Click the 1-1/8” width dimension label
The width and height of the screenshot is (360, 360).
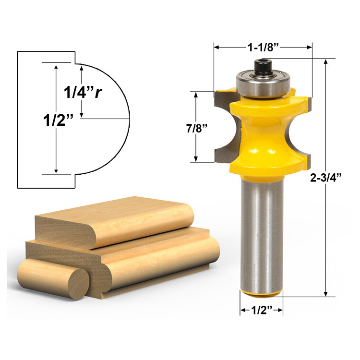(263, 47)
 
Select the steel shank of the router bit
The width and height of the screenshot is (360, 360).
(262, 230)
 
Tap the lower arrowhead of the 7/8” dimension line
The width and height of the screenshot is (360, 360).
(196, 159)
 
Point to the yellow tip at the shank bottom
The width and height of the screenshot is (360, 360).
(262, 291)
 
